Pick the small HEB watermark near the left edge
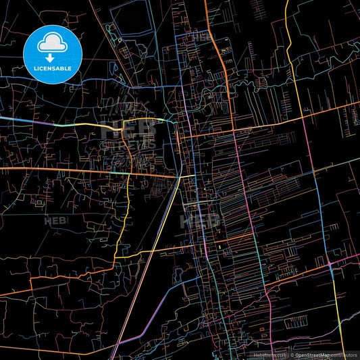(55, 221)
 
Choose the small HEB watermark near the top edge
(201, 38)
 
